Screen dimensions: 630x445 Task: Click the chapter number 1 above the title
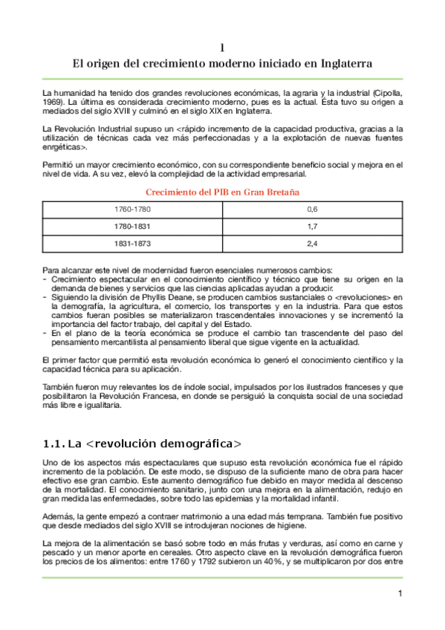pyautogui.click(x=222, y=48)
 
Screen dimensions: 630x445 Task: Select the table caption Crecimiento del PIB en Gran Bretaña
pyautogui.click(x=222, y=192)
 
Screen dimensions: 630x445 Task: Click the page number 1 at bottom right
pyautogui.click(x=400, y=593)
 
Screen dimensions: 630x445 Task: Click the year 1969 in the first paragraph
pyautogui.click(x=53, y=103)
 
